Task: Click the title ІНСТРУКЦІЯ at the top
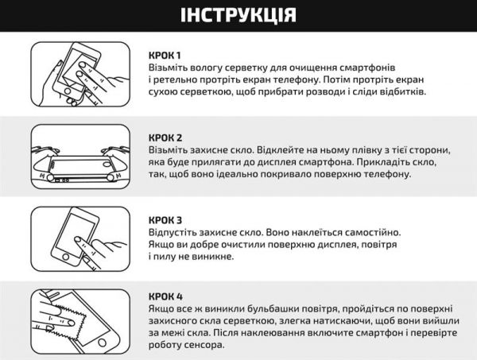(x=238, y=15)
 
